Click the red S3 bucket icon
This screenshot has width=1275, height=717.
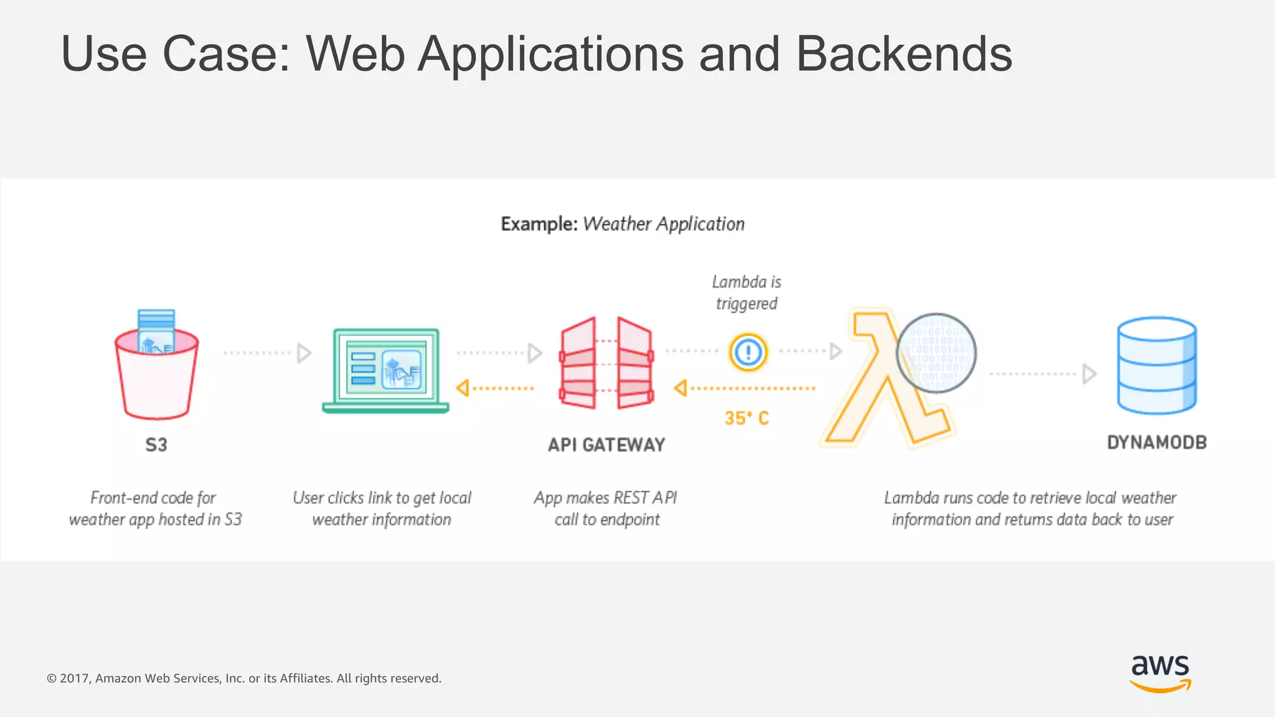point(156,373)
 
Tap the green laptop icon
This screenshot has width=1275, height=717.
point(385,370)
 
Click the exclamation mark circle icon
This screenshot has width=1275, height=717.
point(748,352)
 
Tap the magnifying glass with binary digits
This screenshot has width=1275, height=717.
point(936,353)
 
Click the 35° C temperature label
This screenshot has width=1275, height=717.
point(746,418)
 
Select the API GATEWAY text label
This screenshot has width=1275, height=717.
point(606,444)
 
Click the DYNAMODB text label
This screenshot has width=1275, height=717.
point(1157,443)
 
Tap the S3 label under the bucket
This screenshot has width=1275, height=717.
point(156,444)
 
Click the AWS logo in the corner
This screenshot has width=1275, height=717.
point(1160,672)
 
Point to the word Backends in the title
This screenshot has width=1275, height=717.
point(903,54)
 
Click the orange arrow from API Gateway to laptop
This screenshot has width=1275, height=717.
point(496,388)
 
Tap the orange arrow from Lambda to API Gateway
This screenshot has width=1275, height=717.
point(745,388)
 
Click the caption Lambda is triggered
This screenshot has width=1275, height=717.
point(746,293)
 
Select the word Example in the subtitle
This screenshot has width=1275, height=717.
point(539,224)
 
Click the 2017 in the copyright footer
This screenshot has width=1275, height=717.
point(75,678)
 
